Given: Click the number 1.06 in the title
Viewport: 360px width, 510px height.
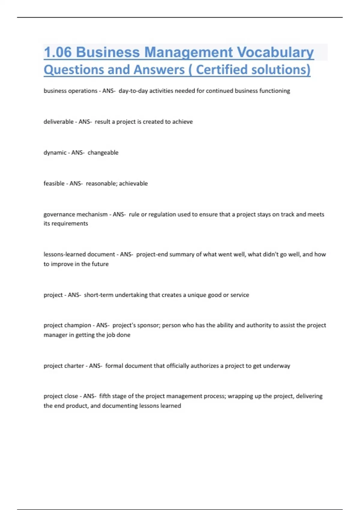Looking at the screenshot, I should [x=58, y=52].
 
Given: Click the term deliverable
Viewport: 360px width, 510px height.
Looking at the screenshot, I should [x=58, y=121].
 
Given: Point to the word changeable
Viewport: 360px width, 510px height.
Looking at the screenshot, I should [x=103, y=152].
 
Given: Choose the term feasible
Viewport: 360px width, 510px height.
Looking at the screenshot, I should [x=54, y=183].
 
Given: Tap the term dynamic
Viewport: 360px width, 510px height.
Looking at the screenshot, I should [x=55, y=152].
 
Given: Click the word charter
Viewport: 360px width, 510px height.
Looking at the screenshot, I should [x=75, y=366].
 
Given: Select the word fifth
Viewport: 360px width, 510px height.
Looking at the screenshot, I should [x=105, y=396].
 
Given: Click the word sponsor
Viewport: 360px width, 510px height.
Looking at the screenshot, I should [x=148, y=325].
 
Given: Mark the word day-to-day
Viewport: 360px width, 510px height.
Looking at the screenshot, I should [x=133, y=91].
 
